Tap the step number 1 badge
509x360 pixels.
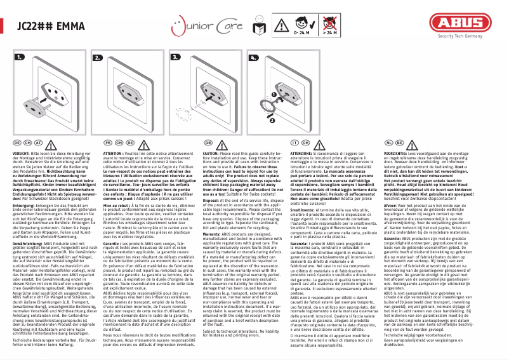pos(20,58)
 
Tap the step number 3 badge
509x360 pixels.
pos(176,58)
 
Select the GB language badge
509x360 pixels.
pos(208,144)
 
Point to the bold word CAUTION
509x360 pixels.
pos(214,154)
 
